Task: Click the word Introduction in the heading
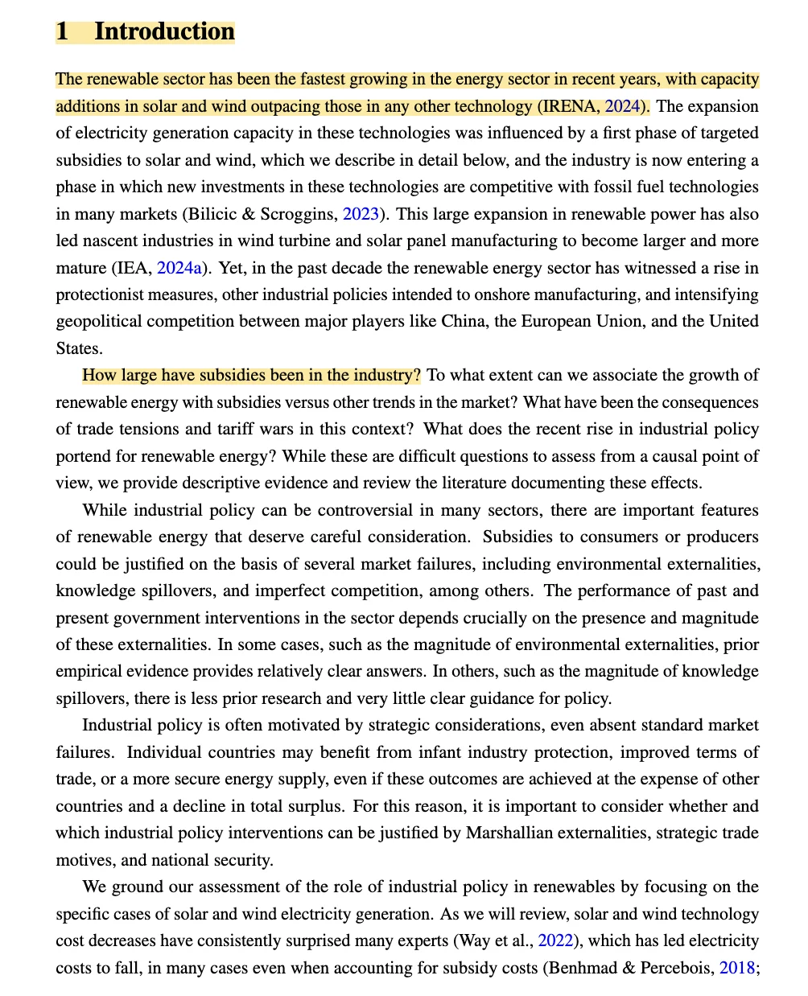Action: click(164, 31)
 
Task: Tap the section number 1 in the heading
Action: click(62, 31)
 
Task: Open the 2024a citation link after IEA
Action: click(179, 268)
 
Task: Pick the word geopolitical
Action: click(101, 322)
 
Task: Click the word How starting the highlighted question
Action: click(99, 375)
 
